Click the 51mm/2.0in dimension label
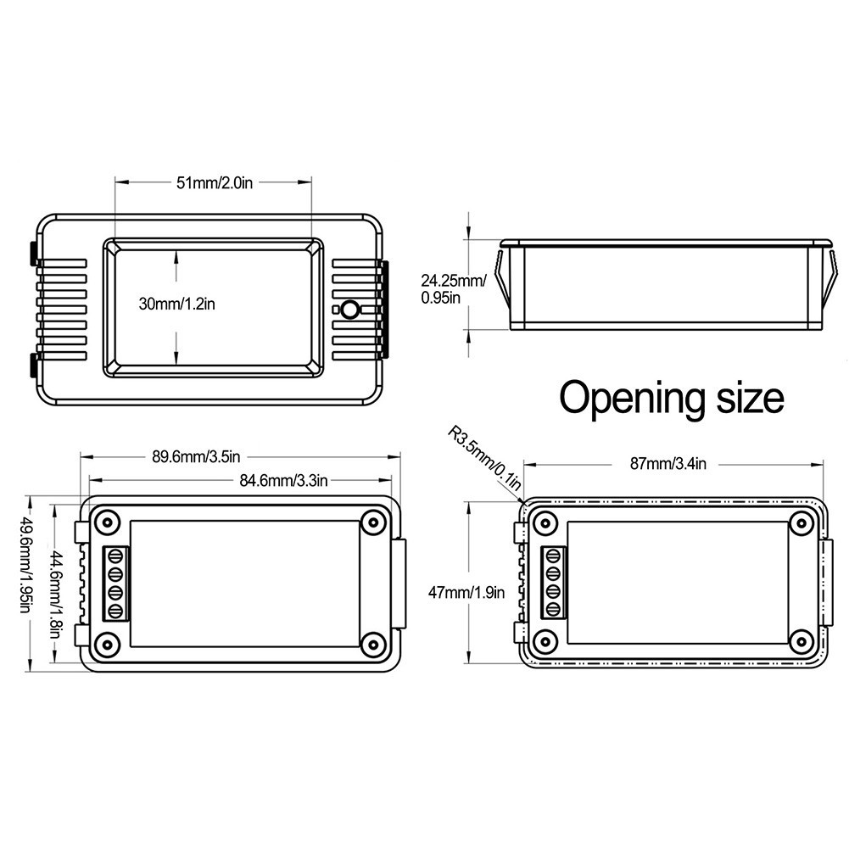click(215, 183)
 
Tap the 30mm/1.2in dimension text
click(176, 304)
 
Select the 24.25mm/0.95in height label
click(453, 288)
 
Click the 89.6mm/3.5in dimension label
click(195, 456)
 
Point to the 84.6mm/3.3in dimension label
click(283, 480)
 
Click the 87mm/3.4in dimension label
click(667, 464)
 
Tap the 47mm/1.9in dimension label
click(466, 592)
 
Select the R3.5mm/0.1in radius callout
click(484, 458)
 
